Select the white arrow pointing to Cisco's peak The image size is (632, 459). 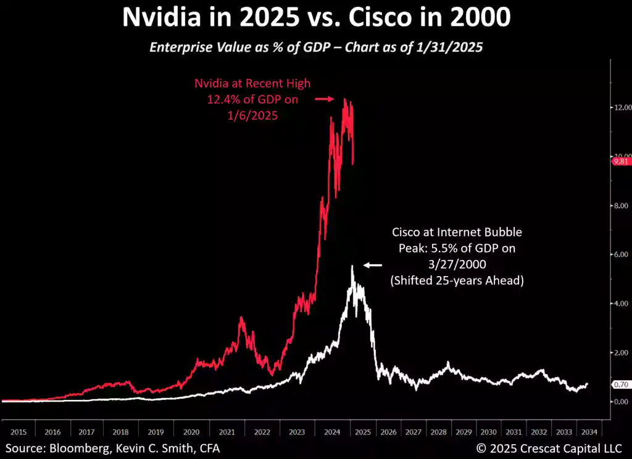click(373, 265)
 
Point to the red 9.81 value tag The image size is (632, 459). click(620, 162)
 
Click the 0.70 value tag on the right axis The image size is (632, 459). click(621, 384)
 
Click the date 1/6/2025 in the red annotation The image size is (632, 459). click(253, 115)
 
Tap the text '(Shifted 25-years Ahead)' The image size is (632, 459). click(457, 280)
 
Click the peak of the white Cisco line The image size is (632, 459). click(352, 266)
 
